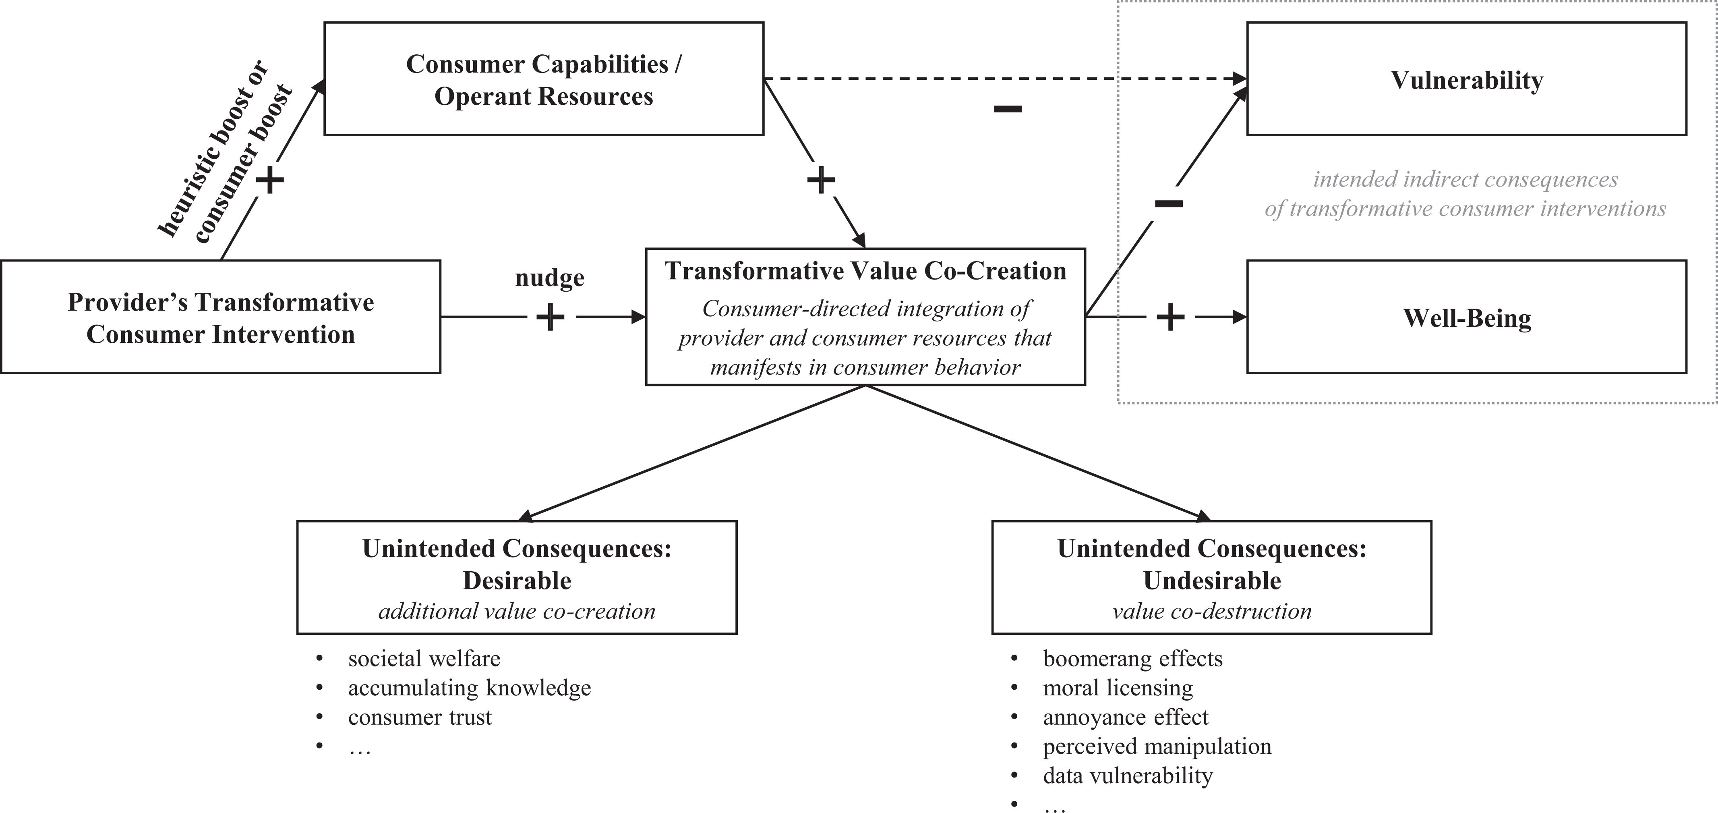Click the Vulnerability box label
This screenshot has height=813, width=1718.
click(1467, 81)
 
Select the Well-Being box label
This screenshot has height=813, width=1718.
click(1467, 318)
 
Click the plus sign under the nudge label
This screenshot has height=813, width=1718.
click(550, 317)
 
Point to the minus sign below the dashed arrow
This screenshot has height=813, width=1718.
click(1008, 109)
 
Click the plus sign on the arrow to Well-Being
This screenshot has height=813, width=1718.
click(1170, 317)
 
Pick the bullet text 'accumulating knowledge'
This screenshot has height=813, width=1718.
click(470, 688)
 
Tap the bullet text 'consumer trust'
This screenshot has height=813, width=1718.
click(420, 718)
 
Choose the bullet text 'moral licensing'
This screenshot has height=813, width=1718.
click(1118, 688)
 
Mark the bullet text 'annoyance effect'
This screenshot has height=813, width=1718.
click(1126, 718)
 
